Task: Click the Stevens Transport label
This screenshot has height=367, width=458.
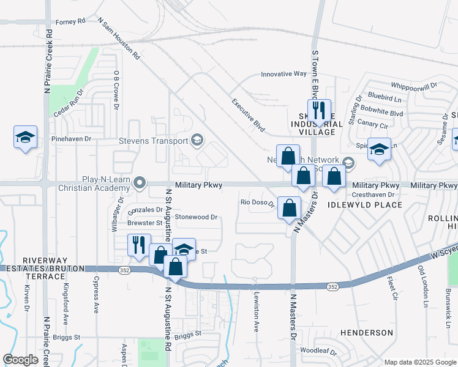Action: click(x=153, y=141)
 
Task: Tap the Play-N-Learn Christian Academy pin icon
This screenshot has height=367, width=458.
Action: click(x=140, y=182)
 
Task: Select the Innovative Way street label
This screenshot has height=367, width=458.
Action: click(x=283, y=74)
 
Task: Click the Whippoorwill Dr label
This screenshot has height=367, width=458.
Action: click(x=414, y=86)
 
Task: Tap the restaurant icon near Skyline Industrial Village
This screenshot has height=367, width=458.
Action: click(x=319, y=111)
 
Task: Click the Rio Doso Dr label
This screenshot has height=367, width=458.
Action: click(x=257, y=202)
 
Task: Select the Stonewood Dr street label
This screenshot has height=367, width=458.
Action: click(x=197, y=217)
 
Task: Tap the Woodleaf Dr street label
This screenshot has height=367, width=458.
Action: click(x=318, y=351)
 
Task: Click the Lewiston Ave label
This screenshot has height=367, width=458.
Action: click(x=256, y=311)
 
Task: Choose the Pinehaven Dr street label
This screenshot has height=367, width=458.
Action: click(x=71, y=139)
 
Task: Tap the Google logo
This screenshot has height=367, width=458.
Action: click(x=20, y=360)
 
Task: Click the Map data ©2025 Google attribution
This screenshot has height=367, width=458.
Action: click(x=419, y=362)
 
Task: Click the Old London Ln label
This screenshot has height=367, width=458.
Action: click(x=422, y=286)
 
